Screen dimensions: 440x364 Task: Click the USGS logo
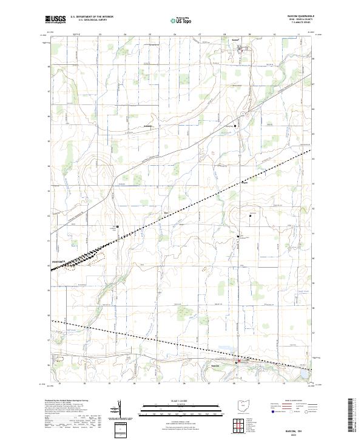coord(55,19)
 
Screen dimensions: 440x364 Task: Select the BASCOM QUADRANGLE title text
coord(299,16)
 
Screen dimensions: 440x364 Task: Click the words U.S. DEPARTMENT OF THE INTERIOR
coord(92,17)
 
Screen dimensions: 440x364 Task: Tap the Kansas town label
coord(235,41)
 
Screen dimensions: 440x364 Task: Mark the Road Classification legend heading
coord(294,402)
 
